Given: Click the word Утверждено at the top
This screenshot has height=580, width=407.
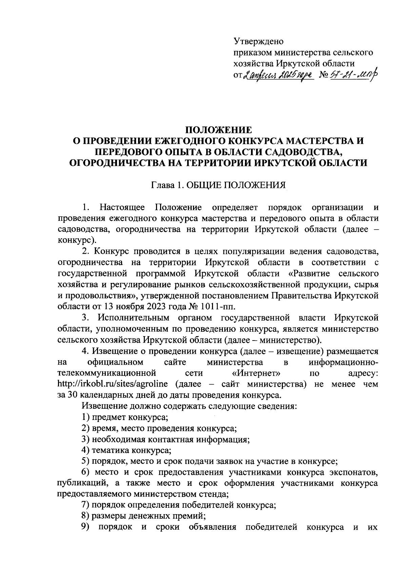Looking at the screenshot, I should tap(258, 41).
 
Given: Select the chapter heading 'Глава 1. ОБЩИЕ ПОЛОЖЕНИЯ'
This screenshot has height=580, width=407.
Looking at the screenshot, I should tap(218, 185).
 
